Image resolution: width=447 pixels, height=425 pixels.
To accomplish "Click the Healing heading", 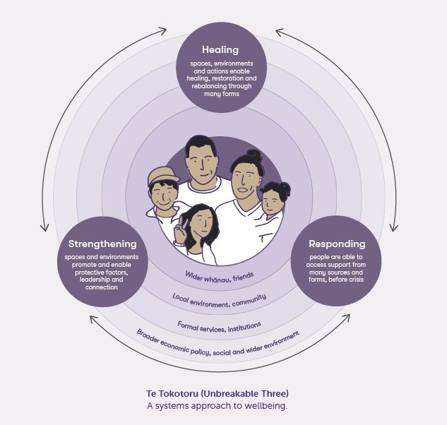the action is (220, 50).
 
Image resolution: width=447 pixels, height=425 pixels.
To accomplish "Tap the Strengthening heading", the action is (102, 244).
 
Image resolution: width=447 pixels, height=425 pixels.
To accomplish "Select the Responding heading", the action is (337, 244).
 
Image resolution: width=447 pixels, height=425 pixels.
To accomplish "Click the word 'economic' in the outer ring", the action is (174, 347).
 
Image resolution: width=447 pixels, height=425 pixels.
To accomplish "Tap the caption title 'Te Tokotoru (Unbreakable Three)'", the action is (217, 394).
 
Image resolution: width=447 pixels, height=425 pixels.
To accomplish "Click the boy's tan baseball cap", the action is (162, 175).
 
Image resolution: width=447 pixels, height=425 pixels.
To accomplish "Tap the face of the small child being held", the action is (272, 202).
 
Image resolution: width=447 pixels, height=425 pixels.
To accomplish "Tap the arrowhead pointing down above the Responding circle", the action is (394, 227).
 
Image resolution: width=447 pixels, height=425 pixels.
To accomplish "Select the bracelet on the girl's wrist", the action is (179, 244).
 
